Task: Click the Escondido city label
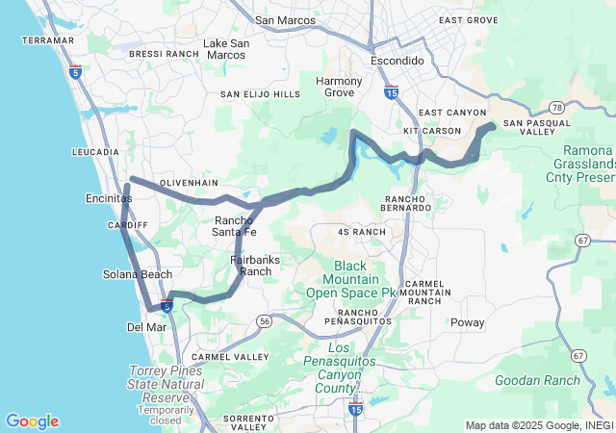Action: pyautogui.click(x=398, y=60)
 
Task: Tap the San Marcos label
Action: pyautogui.click(x=285, y=19)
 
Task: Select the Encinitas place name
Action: pyautogui.click(x=102, y=196)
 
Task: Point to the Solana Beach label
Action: pyautogui.click(x=138, y=274)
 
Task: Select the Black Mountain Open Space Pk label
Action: pyautogui.click(x=351, y=278)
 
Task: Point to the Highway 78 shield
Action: pyautogui.click(x=556, y=109)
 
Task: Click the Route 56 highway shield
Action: pyautogui.click(x=264, y=320)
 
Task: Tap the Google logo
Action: pyautogui.click(x=32, y=421)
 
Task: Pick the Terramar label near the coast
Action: pyautogui.click(x=48, y=40)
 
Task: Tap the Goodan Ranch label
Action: pyautogui.click(x=538, y=380)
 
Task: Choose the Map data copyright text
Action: pyautogui.click(x=539, y=425)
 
